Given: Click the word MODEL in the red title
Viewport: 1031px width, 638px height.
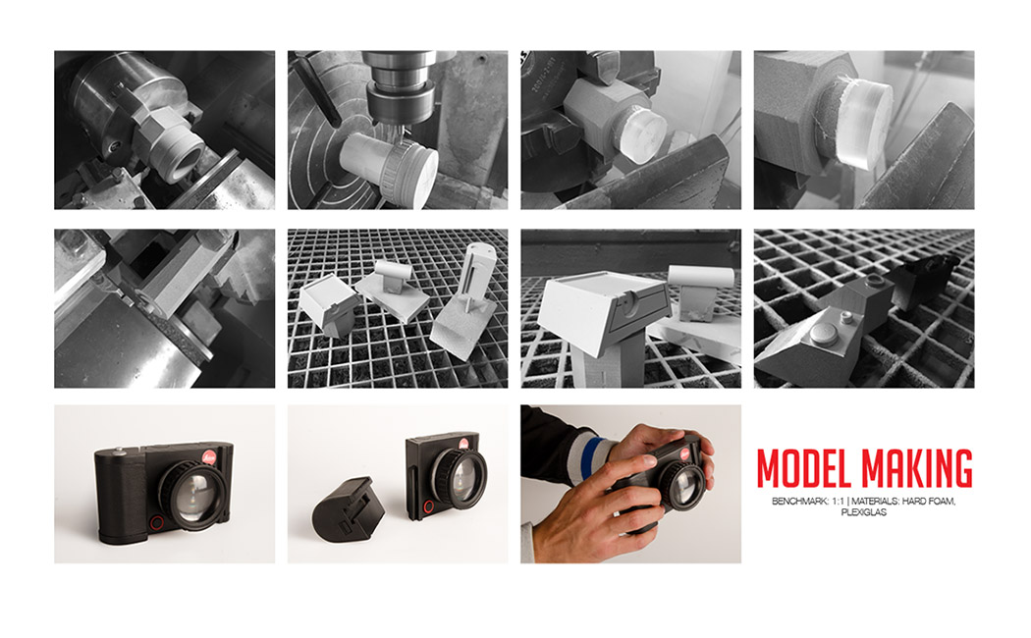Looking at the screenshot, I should [805, 469].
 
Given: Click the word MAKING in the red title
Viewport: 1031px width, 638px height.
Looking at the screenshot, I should [918, 469].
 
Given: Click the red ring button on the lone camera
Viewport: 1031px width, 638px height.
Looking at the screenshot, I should [156, 521].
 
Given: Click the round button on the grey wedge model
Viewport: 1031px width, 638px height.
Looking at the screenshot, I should [845, 316].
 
